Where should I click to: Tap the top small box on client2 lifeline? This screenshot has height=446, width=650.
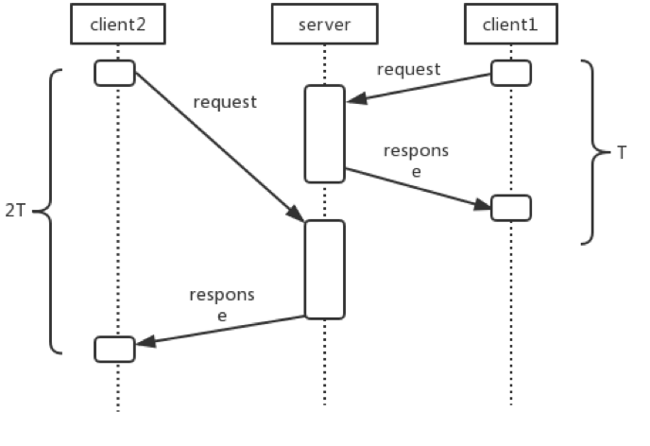click(115, 73)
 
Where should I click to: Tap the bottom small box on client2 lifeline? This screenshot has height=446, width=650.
click(115, 348)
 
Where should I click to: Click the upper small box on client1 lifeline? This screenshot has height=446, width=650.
click(510, 73)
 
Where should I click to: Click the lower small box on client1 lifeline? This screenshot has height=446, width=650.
click(510, 208)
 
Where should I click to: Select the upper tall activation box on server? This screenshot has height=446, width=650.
click(324, 133)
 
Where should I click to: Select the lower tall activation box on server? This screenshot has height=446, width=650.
click(324, 269)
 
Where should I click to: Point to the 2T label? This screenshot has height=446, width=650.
click(15, 212)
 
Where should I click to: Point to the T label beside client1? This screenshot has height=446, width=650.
click(621, 152)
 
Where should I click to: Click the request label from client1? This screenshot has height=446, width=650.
click(408, 70)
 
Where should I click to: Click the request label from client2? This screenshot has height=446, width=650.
click(224, 102)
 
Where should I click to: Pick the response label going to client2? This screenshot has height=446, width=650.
click(221, 305)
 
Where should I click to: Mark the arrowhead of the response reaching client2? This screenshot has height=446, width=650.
click(143, 344)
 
